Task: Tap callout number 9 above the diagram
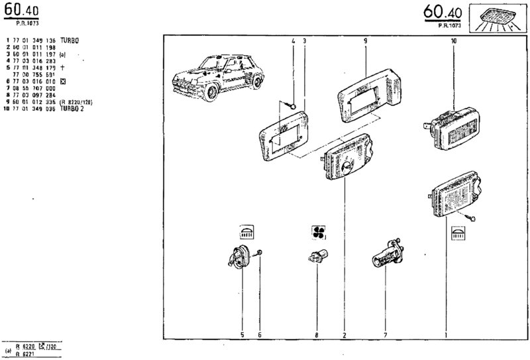365,41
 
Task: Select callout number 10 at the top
453,41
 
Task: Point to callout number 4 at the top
292,41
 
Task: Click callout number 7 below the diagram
386,335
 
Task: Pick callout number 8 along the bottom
317,335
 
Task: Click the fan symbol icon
319,232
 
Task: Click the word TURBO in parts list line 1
69,40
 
